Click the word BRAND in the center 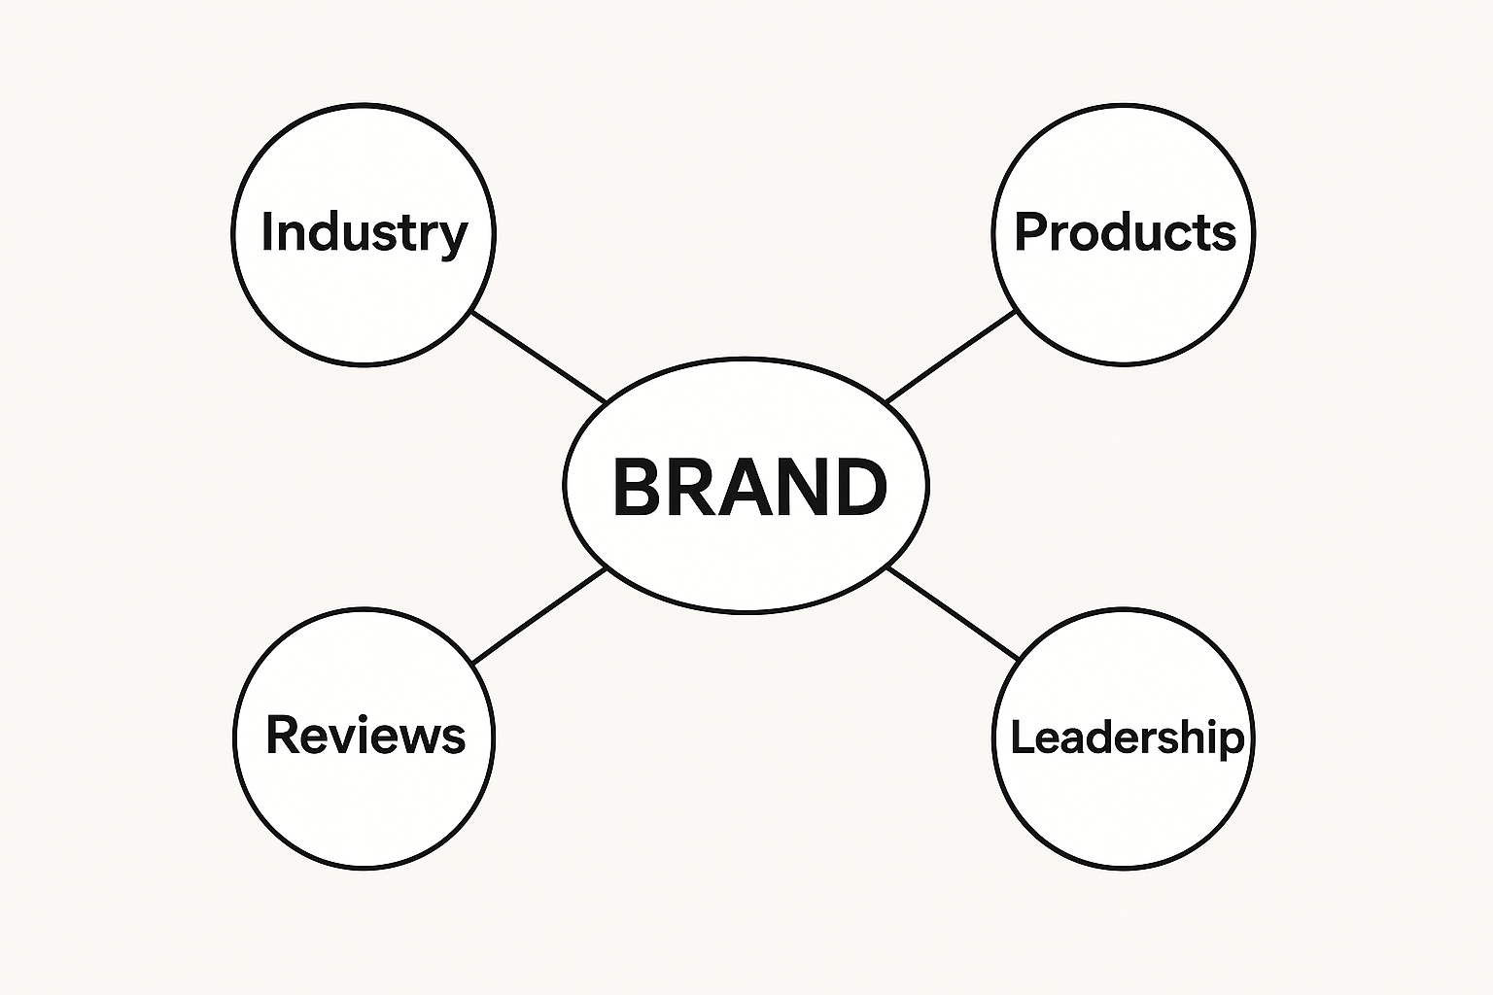(749, 486)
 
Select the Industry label (365, 233)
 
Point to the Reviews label (365, 735)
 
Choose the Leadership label (1127, 737)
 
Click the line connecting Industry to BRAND (538, 357)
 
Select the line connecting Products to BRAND (951, 357)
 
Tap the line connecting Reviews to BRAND (538, 616)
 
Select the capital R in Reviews (282, 735)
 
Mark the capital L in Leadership (1021, 737)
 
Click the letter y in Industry (453, 239)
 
